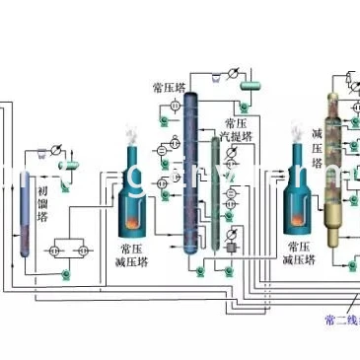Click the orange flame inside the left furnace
click(136, 214)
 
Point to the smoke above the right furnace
click(295, 130)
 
